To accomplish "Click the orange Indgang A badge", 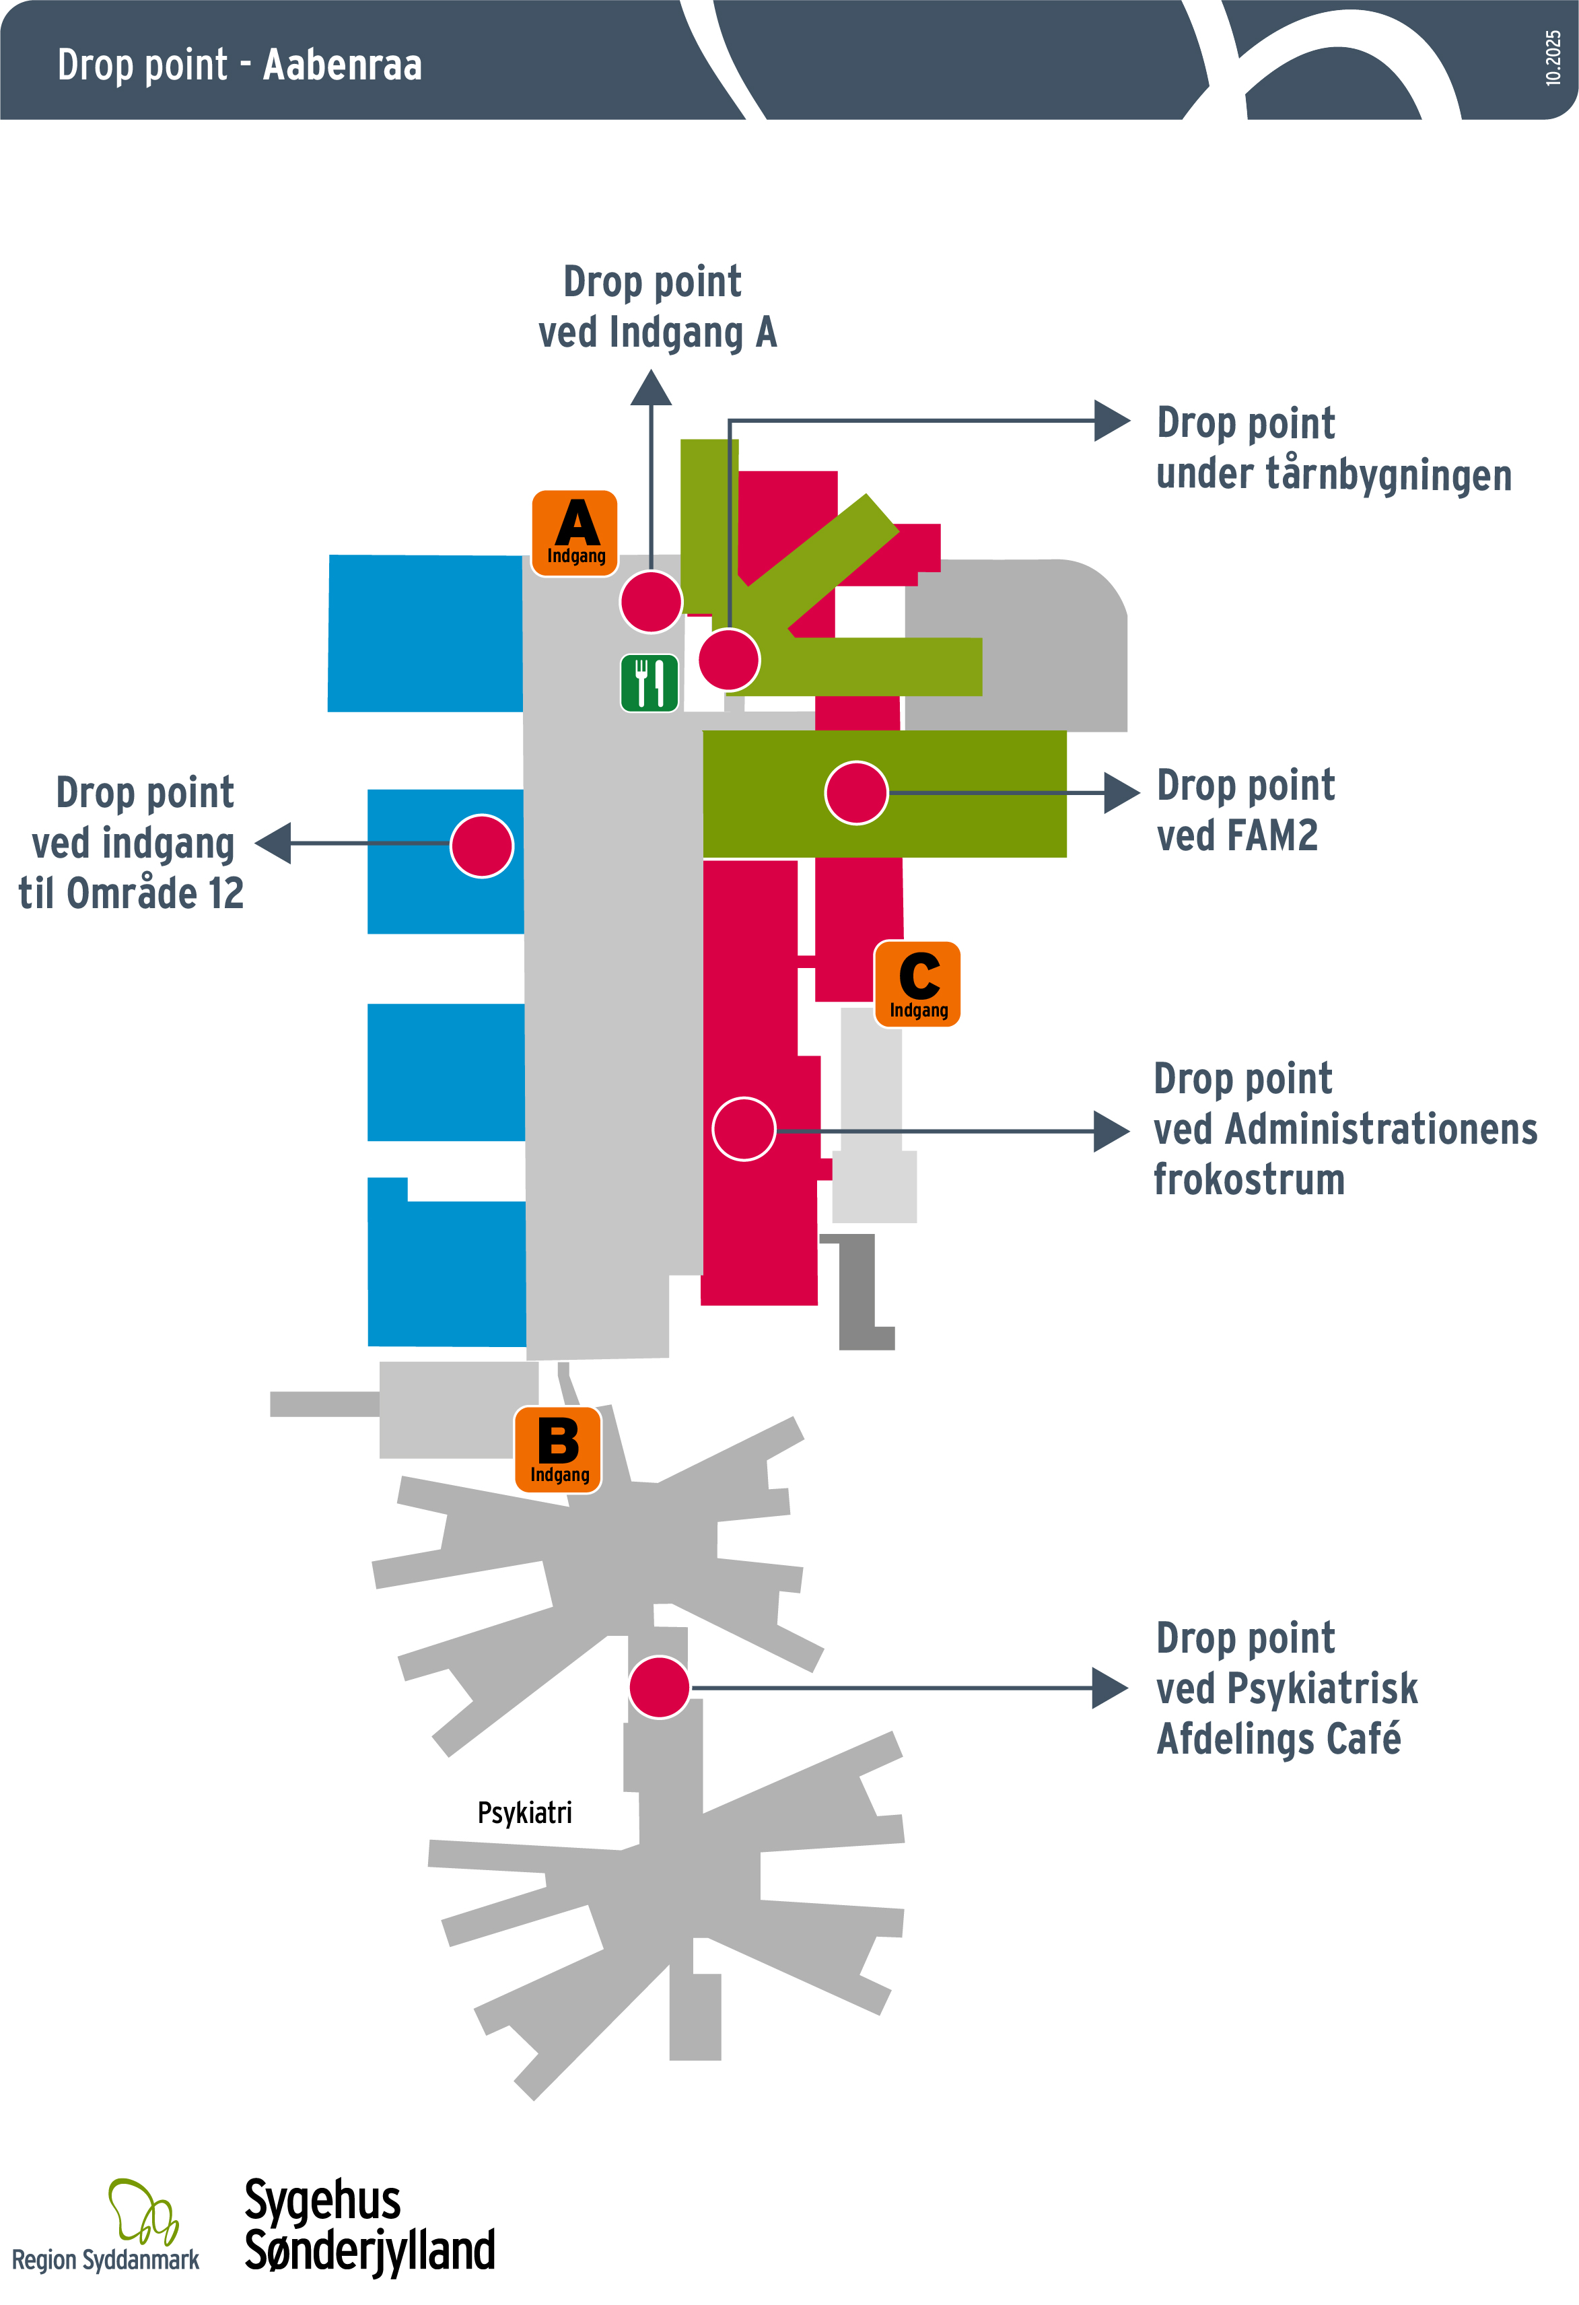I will pos(575,532).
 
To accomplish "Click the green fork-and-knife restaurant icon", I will pos(650,683).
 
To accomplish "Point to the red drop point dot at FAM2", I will pos(856,792).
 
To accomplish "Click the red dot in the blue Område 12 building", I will pos(482,846).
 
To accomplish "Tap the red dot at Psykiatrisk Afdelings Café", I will pos(660,1687).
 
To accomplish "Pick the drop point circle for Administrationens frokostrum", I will pos(744,1129).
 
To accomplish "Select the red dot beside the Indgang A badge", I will pos(651,601).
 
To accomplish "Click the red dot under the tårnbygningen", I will pos(729,660).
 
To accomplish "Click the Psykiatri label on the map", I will pos(525,1813).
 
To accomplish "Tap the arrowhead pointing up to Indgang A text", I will pos(651,389).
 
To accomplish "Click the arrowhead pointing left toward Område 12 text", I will pos(274,843).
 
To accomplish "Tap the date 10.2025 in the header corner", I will pos(1553,57).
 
